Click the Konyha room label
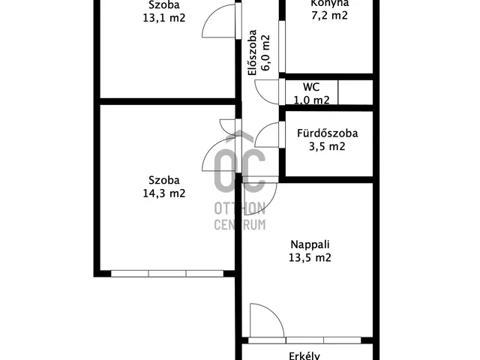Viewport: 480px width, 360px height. click(330, 3)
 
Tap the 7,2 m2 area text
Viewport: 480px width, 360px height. click(330, 16)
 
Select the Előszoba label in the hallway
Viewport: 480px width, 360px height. click(253, 53)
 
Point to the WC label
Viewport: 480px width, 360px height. click(311, 87)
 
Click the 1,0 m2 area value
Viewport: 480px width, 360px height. click(311, 100)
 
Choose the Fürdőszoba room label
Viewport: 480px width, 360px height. click(328, 134)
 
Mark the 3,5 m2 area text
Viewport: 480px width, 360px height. click(328, 147)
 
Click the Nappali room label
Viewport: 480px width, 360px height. click(311, 244)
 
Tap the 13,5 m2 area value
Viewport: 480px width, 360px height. click(311, 257)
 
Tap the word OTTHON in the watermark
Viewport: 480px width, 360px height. click(239, 208)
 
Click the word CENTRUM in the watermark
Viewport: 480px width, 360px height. click(239, 224)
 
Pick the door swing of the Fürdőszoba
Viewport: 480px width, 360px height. click(266, 135)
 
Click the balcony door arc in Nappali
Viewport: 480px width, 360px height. click(266, 321)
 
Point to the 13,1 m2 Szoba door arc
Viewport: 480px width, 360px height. click(218, 22)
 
